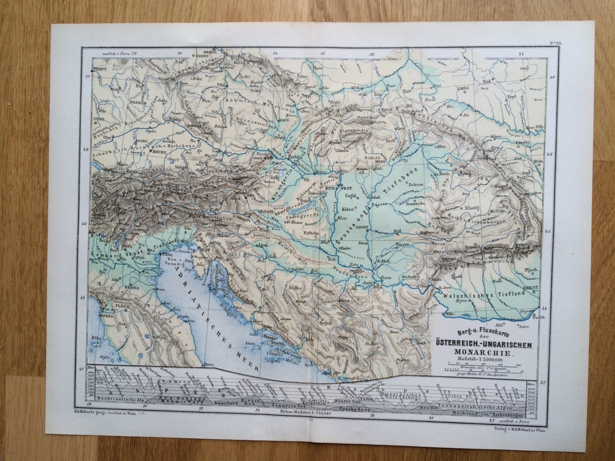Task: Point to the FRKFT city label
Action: (101, 70)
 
